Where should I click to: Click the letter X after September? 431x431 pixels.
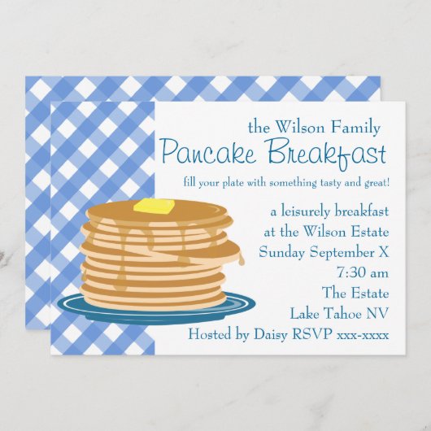click(x=382, y=252)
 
